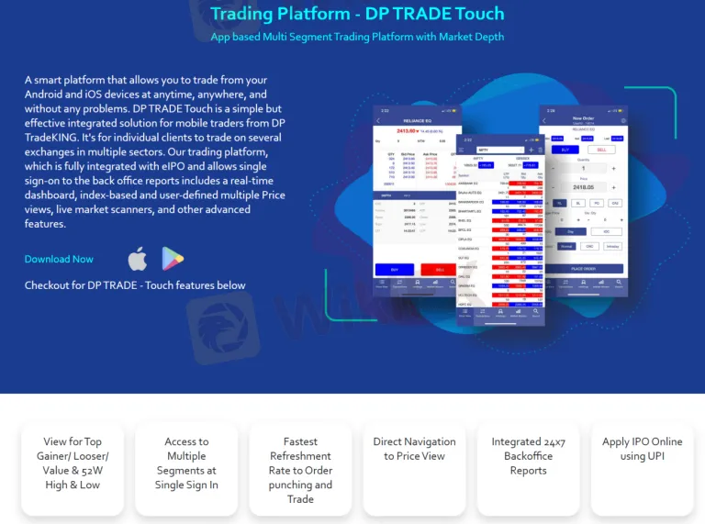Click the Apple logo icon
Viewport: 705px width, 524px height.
click(x=137, y=260)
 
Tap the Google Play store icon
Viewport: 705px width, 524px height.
click(x=173, y=260)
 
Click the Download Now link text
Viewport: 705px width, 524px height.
click(x=59, y=260)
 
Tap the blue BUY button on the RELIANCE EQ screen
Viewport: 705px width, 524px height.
click(x=394, y=270)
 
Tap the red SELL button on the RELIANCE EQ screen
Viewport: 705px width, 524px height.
click(x=439, y=270)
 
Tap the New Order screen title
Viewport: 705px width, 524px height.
click(x=585, y=117)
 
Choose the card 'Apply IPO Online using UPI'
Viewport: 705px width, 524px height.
click(x=642, y=449)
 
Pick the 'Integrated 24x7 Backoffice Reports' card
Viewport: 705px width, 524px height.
click(x=528, y=456)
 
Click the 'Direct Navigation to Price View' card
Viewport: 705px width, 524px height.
click(x=414, y=449)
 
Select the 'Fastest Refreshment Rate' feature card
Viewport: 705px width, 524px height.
click(x=300, y=470)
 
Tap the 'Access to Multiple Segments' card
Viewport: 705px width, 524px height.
click(x=186, y=463)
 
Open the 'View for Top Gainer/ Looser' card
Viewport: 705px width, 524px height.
click(x=73, y=463)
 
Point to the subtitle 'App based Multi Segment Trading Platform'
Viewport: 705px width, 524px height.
click(x=357, y=37)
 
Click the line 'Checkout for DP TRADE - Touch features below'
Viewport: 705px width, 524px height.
click(x=135, y=285)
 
